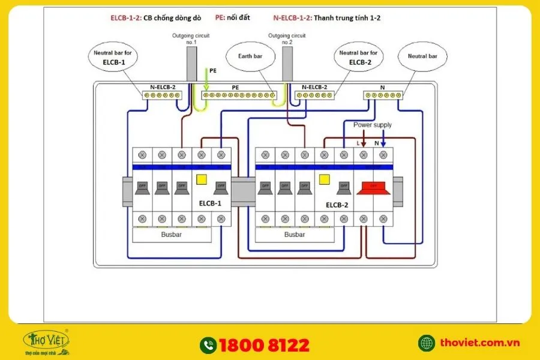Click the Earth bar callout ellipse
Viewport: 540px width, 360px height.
point(250,58)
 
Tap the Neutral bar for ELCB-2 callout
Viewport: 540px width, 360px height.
point(358,57)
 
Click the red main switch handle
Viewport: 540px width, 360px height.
point(373,189)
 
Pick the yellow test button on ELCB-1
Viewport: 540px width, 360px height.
point(201,179)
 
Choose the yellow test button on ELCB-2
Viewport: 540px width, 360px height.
point(325,179)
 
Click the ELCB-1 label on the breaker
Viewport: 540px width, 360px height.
point(210,203)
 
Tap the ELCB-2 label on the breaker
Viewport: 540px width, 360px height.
point(337,204)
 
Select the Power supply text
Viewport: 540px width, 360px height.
point(372,125)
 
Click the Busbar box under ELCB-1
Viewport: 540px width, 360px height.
point(171,235)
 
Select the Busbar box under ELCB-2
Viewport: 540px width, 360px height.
point(295,235)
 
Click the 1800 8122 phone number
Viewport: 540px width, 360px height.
point(264,345)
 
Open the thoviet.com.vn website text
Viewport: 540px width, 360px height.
point(479,343)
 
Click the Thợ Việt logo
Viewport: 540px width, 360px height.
point(46,341)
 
